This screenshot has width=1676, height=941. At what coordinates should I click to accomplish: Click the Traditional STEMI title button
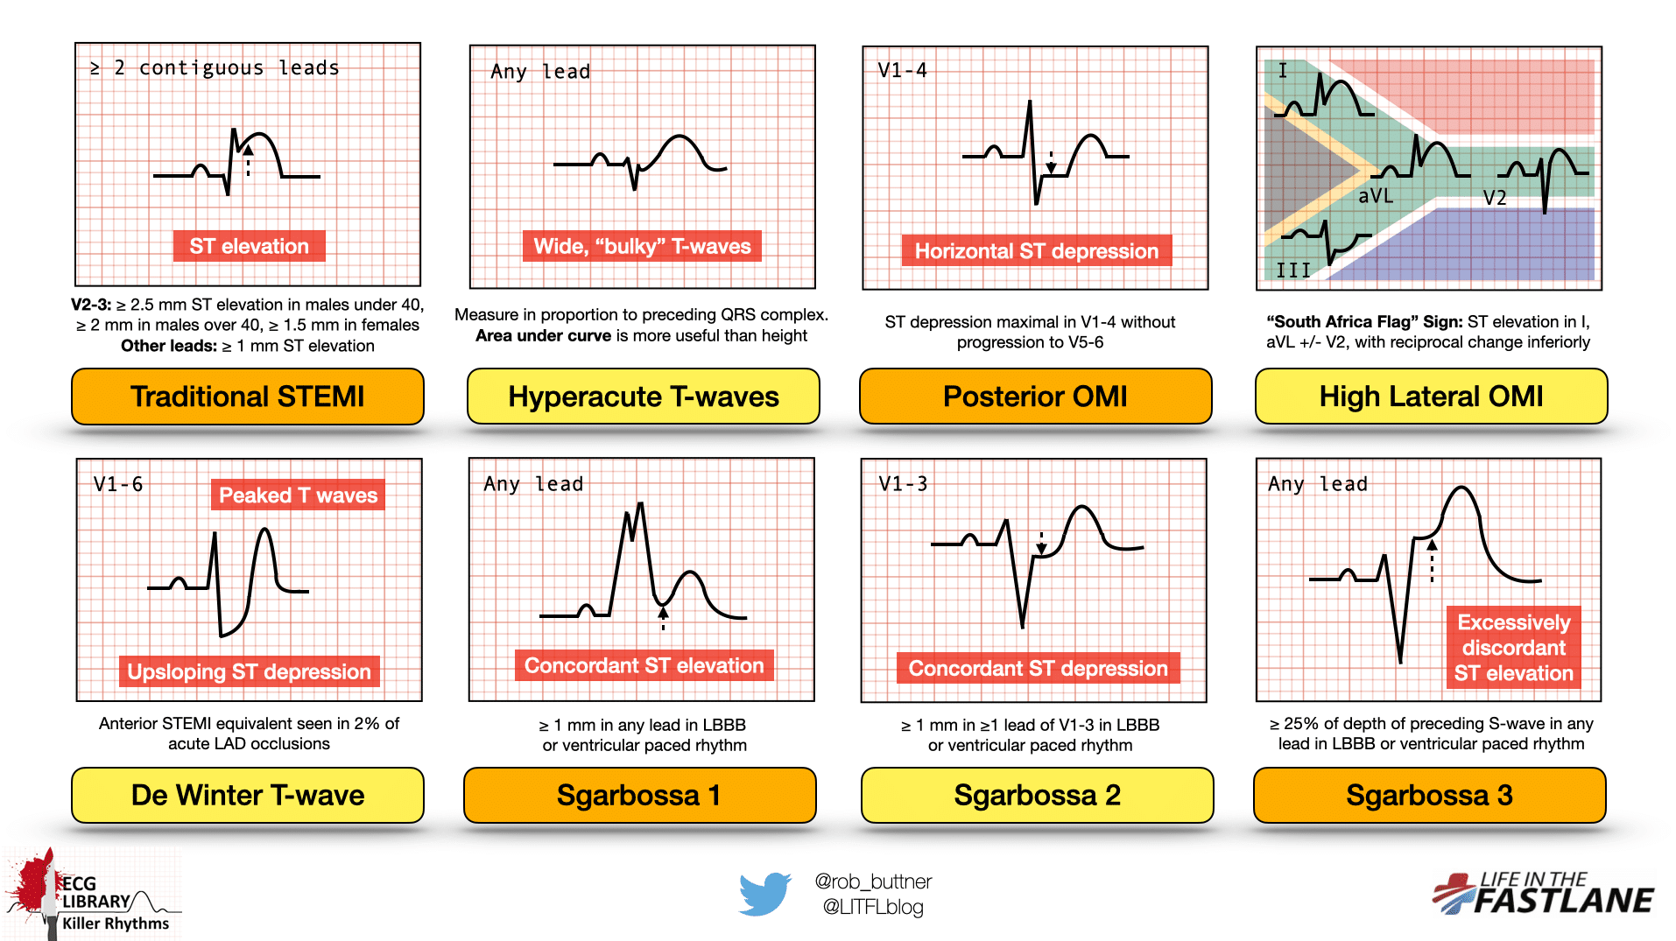point(248,397)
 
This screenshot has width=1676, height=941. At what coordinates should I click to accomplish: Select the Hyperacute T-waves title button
point(644,397)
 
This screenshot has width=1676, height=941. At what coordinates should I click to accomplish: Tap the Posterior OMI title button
point(1036,397)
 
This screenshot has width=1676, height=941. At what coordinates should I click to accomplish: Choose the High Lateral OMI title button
point(1432,397)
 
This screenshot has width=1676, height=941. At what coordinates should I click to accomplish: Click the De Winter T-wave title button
point(248,795)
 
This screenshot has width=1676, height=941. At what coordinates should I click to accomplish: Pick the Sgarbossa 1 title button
point(640,795)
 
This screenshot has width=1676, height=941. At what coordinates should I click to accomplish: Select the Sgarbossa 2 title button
point(1038,795)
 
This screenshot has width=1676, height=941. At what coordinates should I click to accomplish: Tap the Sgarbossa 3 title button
point(1430,795)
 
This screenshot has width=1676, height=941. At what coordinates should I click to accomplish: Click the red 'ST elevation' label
point(250,246)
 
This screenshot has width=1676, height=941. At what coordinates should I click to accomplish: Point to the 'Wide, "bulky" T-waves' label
point(643,246)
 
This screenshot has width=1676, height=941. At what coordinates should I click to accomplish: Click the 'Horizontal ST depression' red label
point(1037,251)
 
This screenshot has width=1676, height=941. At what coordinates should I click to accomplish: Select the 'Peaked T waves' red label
point(298,495)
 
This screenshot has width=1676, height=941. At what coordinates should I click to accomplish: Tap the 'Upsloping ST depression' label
point(250,671)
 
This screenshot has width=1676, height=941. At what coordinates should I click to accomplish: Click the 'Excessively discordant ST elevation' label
point(1514,648)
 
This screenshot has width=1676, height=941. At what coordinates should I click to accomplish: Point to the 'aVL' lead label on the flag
point(1376,196)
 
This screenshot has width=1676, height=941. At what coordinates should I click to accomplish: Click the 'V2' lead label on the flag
point(1495,198)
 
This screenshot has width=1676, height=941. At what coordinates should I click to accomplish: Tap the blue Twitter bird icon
point(764,894)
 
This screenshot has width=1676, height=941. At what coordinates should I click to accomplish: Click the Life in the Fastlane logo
point(1544,894)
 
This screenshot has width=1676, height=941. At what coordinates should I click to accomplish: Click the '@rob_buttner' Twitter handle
point(873,881)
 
